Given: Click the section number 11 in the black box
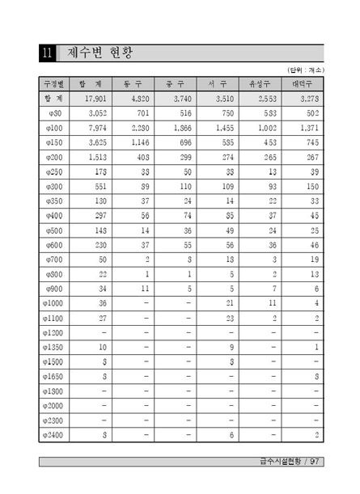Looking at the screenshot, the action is [48, 54].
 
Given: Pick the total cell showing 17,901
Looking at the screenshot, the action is [95, 99].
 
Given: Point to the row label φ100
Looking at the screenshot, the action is [55, 128].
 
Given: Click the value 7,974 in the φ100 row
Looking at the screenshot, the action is [96, 128].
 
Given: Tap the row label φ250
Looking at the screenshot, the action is [55, 171].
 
